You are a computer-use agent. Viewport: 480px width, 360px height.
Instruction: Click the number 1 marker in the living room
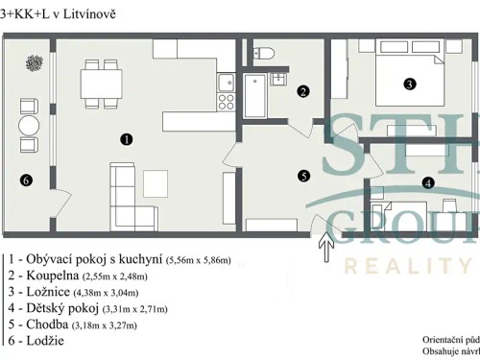126,139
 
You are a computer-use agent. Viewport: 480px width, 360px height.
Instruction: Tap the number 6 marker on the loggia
26,179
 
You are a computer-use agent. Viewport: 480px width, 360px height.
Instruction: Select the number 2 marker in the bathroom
302,92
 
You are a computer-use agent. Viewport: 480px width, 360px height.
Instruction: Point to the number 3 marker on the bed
409,84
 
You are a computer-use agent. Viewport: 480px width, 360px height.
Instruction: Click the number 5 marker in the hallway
303,176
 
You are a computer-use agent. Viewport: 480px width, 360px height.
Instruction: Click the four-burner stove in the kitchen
228,99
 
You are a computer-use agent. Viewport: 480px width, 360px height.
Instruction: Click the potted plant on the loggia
35,62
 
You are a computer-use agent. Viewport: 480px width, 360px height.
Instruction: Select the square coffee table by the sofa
156,181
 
